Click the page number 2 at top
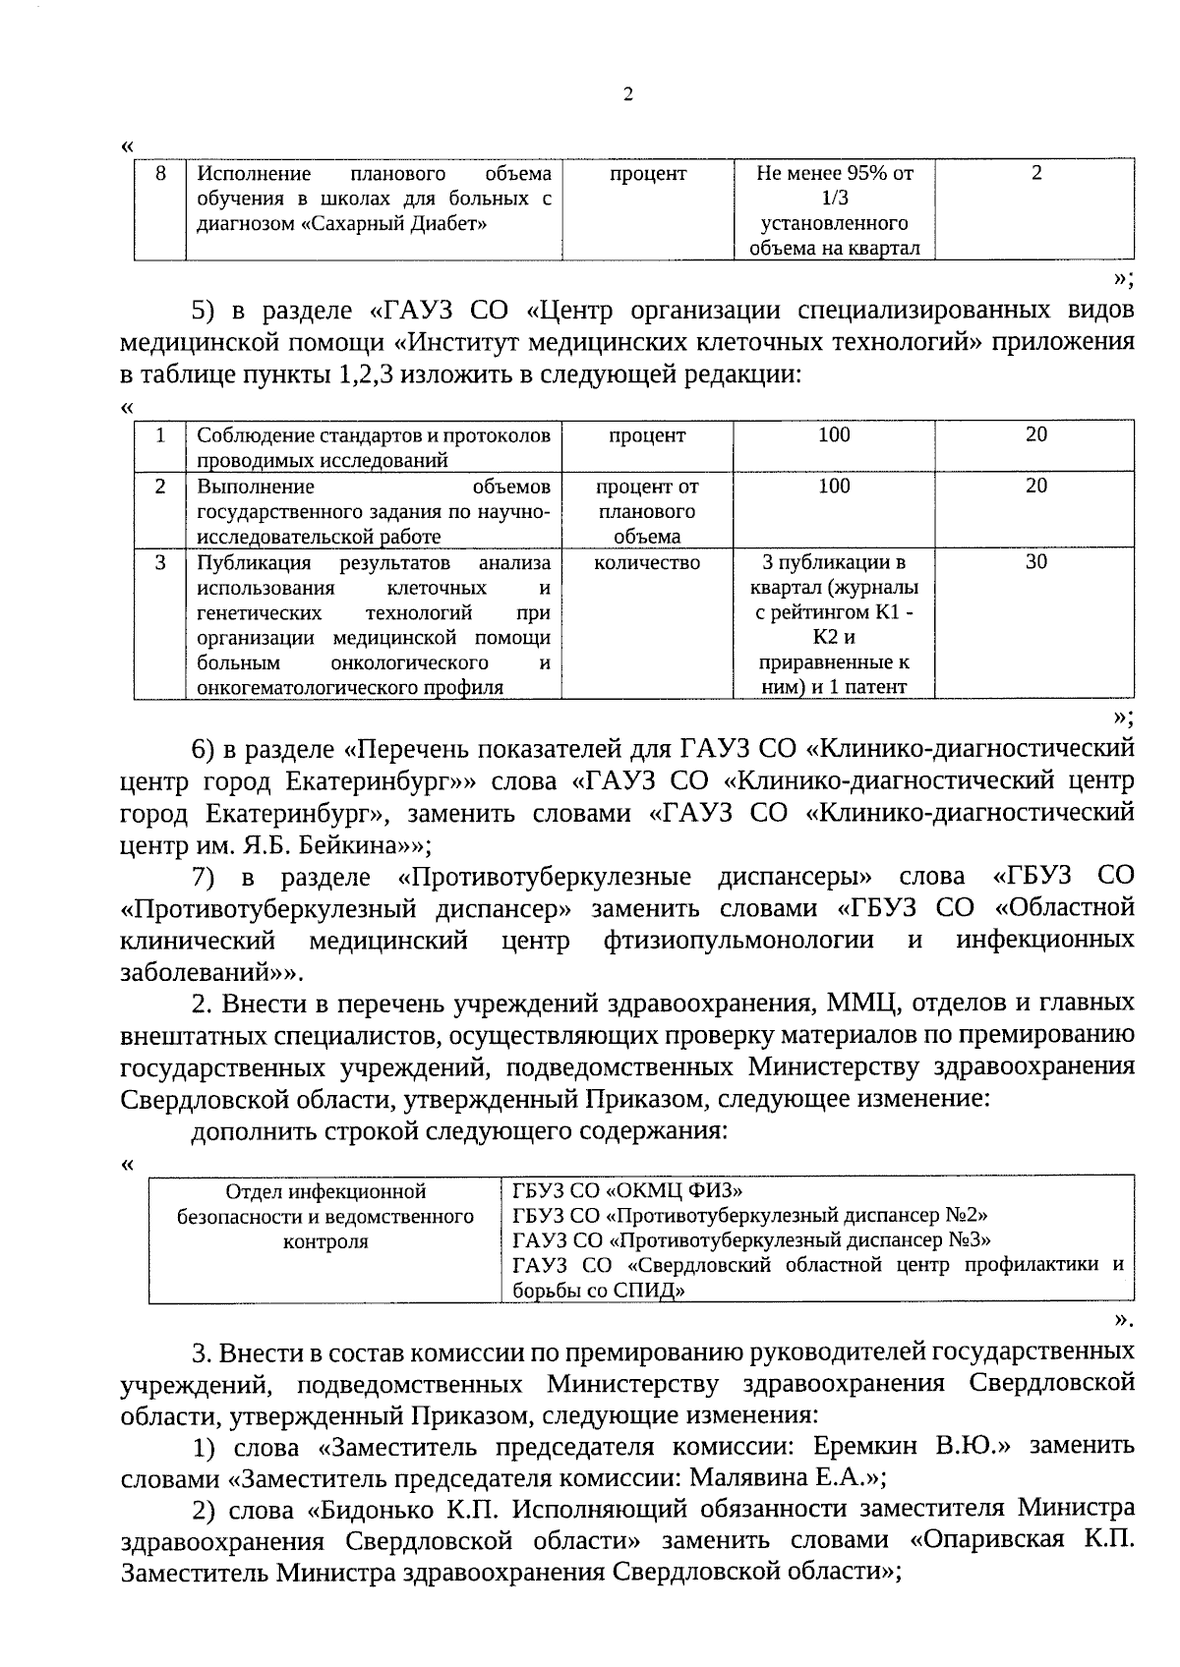[x=628, y=95]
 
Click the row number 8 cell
[x=160, y=174]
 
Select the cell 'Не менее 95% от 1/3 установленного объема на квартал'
[x=834, y=210]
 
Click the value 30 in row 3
[x=1035, y=562]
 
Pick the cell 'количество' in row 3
[x=647, y=562]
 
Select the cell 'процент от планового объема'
[x=647, y=511]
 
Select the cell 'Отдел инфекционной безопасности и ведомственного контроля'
[x=325, y=1217]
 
